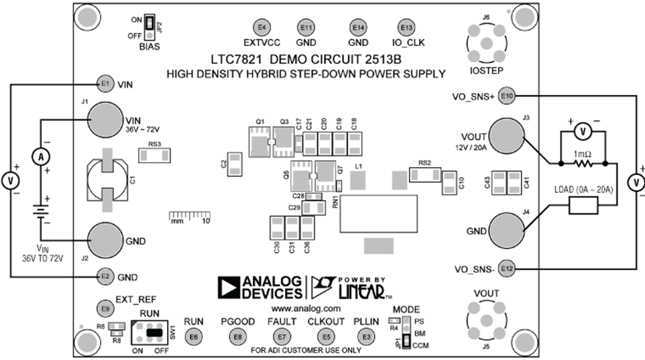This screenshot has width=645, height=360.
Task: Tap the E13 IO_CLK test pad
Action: pos(407,27)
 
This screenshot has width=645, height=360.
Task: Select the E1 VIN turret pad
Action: pos(105,84)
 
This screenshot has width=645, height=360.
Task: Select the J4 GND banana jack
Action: pos(506,230)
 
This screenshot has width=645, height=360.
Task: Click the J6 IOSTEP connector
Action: pos(487,48)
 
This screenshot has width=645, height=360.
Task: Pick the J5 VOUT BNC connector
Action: pos(487,318)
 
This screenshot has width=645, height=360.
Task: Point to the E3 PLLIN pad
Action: pos(367,336)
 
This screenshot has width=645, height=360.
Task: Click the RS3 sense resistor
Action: pos(154,154)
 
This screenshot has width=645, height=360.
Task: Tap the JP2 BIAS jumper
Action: pos(150,27)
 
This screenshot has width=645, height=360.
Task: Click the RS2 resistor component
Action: pos(424,174)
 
